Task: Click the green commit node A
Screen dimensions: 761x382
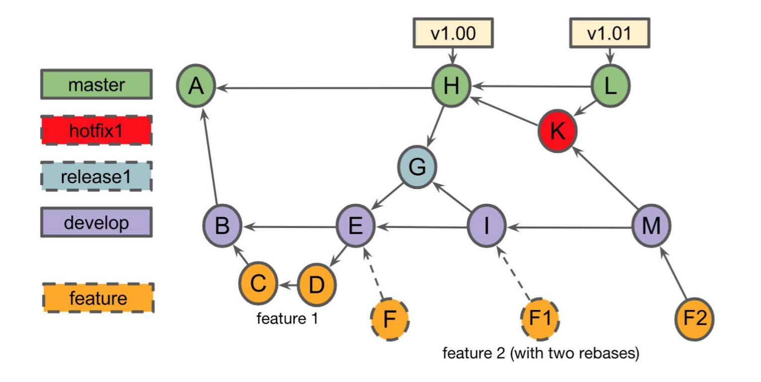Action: point(196,86)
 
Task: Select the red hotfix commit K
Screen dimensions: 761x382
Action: point(558,131)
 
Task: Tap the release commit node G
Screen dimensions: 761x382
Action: point(417,167)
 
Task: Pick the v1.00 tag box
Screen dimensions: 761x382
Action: point(453,33)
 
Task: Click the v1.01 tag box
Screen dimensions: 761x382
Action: point(610,33)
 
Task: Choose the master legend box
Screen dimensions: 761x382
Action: point(97,84)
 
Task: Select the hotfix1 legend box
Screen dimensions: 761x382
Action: point(97,130)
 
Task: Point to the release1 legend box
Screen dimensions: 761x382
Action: point(97,177)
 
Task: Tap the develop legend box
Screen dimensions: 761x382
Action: point(97,222)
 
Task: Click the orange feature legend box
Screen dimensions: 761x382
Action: point(98,298)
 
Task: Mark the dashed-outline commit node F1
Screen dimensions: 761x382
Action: point(540,319)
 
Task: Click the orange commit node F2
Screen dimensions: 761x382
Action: point(694,319)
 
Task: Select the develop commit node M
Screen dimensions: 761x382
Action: point(651,226)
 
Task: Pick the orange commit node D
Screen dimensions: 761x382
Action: point(316,285)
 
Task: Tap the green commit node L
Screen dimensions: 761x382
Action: point(610,86)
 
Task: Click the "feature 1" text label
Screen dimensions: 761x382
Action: point(288,319)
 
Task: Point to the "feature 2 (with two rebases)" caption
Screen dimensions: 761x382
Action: point(541,353)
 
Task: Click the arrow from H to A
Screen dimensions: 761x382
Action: point(324,88)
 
